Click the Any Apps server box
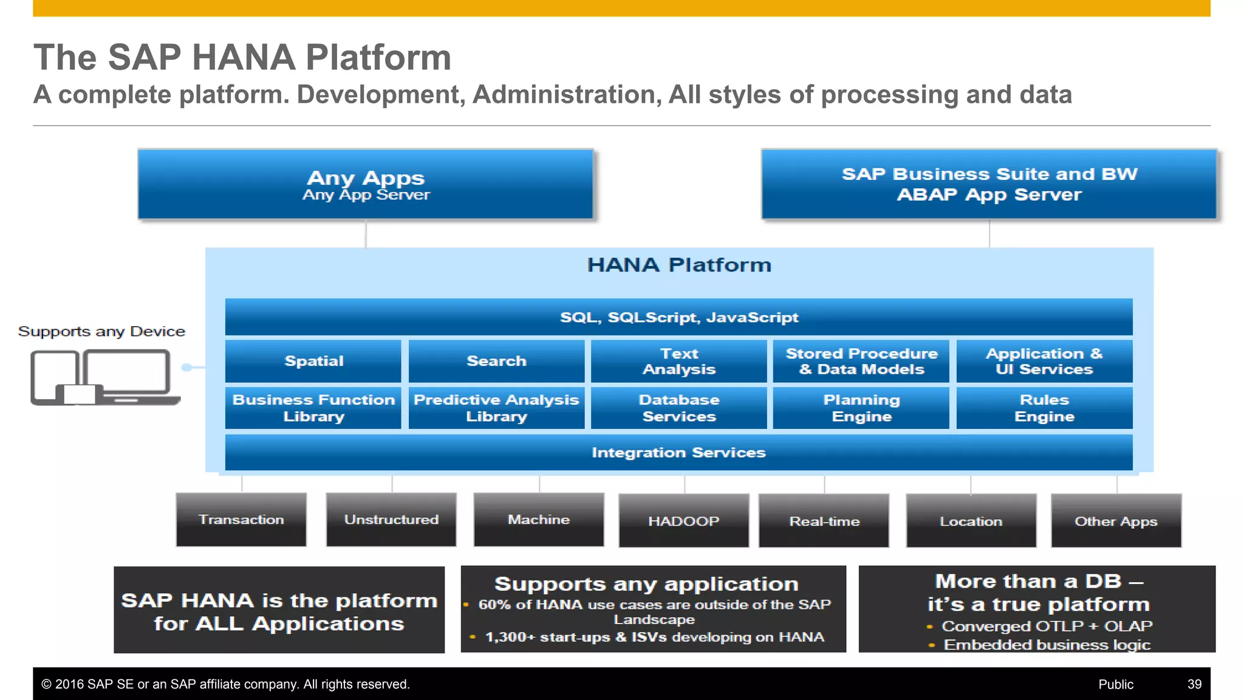coord(365,184)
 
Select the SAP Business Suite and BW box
coord(989,184)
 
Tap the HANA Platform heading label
coord(678,265)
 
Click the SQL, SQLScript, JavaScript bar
coord(678,317)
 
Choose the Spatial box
coord(313,361)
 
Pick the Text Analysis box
coord(678,361)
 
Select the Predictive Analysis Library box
coord(496,408)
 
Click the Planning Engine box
coord(861,408)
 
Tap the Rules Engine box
coord(1044,408)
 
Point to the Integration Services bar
coord(678,453)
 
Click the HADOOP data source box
coord(683,521)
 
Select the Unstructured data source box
coord(391,520)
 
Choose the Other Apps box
coord(1116,521)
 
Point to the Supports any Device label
coord(101,331)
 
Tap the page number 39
coord(1194,684)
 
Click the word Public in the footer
coord(1115,684)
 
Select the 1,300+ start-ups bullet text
coord(654,637)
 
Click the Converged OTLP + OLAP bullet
coord(1046,626)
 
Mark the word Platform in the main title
coord(378,57)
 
